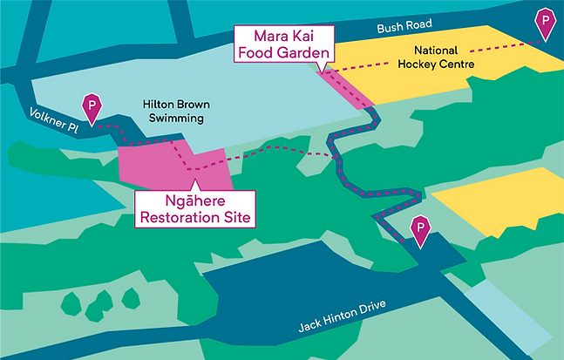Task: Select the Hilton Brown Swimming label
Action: tap(173, 111)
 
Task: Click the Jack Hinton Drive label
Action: tap(340, 316)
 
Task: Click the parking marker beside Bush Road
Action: tap(547, 22)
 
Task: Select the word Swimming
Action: tap(175, 118)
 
